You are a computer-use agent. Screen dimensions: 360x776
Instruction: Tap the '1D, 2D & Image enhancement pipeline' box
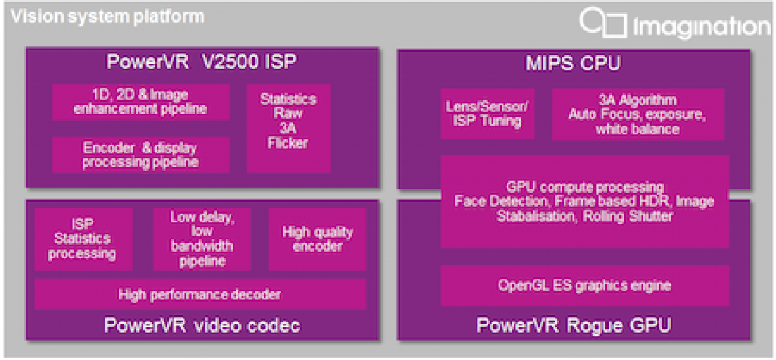pos(140,102)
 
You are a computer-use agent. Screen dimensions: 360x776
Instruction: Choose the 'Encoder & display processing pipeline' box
pos(140,155)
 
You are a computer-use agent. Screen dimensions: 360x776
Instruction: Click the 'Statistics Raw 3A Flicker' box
pos(288,128)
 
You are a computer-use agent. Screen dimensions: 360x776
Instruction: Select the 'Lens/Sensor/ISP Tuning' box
pos(487,114)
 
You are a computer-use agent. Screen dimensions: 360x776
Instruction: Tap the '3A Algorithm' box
pos(637,114)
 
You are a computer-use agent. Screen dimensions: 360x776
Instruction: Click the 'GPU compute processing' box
pos(584,202)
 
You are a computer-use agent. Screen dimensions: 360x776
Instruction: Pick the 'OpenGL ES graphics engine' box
pos(584,286)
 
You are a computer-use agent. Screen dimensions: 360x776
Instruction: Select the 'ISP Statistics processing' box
pos(83,239)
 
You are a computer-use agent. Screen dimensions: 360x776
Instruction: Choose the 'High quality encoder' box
pos(317,239)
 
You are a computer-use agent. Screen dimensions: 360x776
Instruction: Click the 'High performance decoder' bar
pos(199,294)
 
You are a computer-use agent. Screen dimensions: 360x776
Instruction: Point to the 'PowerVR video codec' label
pos(202,326)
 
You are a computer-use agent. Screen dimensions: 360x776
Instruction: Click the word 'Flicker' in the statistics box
pos(288,142)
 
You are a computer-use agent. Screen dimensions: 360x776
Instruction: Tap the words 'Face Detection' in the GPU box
pos(497,202)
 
